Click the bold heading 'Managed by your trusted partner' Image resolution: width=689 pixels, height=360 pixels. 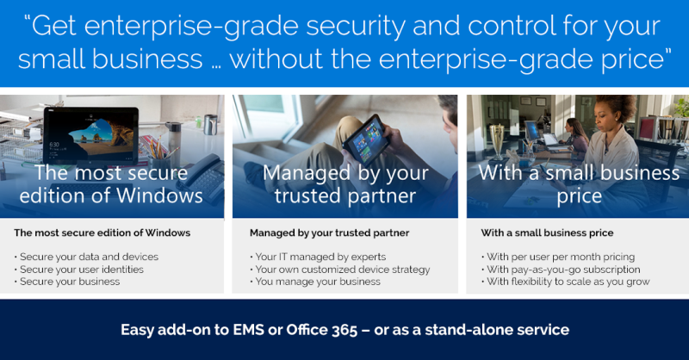330,233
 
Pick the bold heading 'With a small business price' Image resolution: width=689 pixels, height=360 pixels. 547,233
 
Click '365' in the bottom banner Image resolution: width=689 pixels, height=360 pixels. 344,330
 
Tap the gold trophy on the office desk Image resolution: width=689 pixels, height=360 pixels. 497,140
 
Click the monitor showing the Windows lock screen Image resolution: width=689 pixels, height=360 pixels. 91,136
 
